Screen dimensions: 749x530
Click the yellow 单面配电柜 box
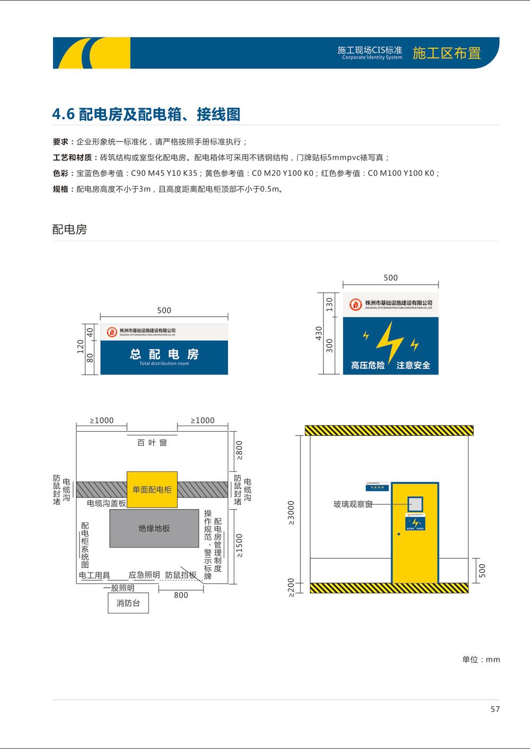pyautogui.click(x=152, y=489)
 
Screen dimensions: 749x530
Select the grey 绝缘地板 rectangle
pyautogui.click(x=154, y=528)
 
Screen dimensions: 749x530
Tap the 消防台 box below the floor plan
pyautogui.click(x=128, y=603)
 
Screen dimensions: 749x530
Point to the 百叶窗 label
pyautogui.click(x=152, y=443)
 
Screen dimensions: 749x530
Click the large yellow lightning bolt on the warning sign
pyautogui.click(x=390, y=342)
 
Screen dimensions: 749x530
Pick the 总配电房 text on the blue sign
pyautogui.click(x=164, y=354)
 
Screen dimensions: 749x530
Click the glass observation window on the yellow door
pyautogui.click(x=415, y=504)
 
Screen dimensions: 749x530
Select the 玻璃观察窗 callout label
pyautogui.click(x=352, y=504)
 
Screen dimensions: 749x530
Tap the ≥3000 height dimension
pyautogui.click(x=291, y=512)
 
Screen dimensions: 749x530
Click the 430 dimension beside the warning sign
pyautogui.click(x=319, y=333)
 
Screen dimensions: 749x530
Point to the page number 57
pyautogui.click(x=495, y=709)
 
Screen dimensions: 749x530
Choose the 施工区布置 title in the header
pyautogui.click(x=446, y=53)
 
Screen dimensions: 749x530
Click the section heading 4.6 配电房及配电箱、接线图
pyautogui.click(x=146, y=114)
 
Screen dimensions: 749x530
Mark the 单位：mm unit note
pyautogui.click(x=481, y=659)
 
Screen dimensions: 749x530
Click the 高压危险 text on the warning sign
pyautogui.click(x=368, y=365)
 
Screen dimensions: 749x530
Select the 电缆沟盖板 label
pyautogui.click(x=107, y=503)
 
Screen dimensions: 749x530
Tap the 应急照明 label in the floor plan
pyautogui.click(x=144, y=575)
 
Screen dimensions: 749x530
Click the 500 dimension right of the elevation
pyautogui.click(x=482, y=570)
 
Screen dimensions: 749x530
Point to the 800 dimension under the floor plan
pyautogui.click(x=181, y=595)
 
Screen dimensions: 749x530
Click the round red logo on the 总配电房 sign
pyautogui.click(x=112, y=332)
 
